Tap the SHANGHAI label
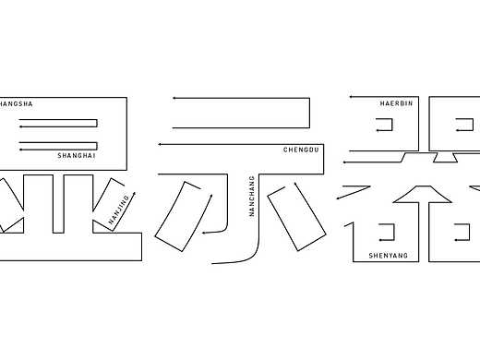76,156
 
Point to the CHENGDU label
302,149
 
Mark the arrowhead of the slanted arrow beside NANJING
134,192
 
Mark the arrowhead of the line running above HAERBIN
350,97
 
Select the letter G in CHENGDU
305,149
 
